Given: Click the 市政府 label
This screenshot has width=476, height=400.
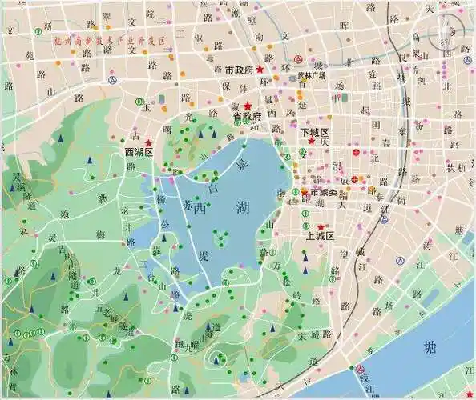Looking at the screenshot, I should (x=239, y=70).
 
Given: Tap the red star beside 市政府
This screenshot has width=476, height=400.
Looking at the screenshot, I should (x=260, y=70).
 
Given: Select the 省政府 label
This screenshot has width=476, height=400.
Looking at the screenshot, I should (x=248, y=117).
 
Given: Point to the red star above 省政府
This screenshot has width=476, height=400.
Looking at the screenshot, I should (x=248, y=106).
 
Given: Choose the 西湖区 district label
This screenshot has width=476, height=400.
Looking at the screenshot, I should (x=138, y=151).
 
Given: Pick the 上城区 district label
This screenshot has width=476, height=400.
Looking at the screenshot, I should (x=320, y=237).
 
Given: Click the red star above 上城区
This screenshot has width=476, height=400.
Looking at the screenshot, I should (x=321, y=227).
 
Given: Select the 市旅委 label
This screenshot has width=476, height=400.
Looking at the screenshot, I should (x=324, y=193).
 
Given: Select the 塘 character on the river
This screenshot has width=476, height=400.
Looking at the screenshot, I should (x=430, y=348).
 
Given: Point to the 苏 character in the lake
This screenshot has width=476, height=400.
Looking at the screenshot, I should (x=188, y=206).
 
